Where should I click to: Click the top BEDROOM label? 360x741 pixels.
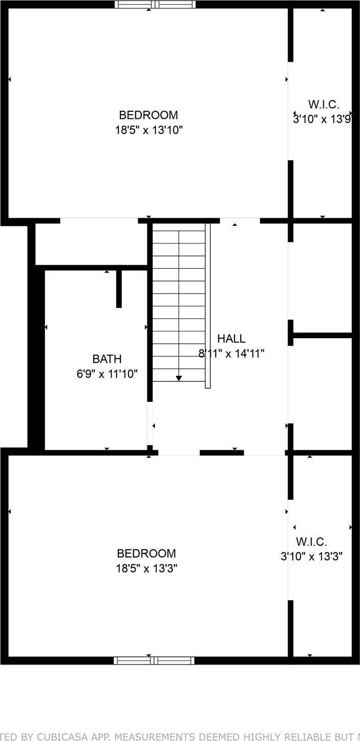148,115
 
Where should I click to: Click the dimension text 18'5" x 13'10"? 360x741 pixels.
148,130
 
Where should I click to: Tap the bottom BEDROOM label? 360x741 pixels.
146,553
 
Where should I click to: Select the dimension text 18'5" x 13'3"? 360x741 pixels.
146,568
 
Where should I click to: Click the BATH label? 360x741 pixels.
107,359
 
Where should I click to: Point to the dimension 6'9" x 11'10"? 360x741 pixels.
107,374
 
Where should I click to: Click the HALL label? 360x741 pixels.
231,338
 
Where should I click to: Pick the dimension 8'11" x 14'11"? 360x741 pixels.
231,353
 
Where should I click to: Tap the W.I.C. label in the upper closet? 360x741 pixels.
324,105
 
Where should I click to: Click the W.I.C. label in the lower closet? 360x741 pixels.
311,542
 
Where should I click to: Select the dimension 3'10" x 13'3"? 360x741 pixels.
311,556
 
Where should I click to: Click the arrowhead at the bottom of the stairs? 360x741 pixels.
179,378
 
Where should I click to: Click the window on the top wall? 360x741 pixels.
155,5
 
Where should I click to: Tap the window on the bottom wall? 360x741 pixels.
154,660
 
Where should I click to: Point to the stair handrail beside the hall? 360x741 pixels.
208,306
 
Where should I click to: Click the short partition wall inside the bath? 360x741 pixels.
119,289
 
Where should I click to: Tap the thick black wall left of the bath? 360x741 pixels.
36,357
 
